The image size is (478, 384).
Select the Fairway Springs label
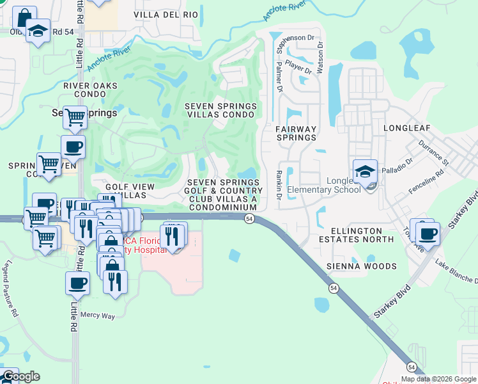tap(296, 133)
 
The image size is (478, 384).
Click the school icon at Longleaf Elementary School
tap(365, 172)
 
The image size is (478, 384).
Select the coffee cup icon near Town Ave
tap(428, 234)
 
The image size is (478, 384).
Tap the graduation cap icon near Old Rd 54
tap(38, 31)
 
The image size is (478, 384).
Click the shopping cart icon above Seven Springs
tap(75, 117)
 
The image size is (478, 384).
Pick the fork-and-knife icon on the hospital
tap(172, 236)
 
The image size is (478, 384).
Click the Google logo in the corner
tap(21, 376)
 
